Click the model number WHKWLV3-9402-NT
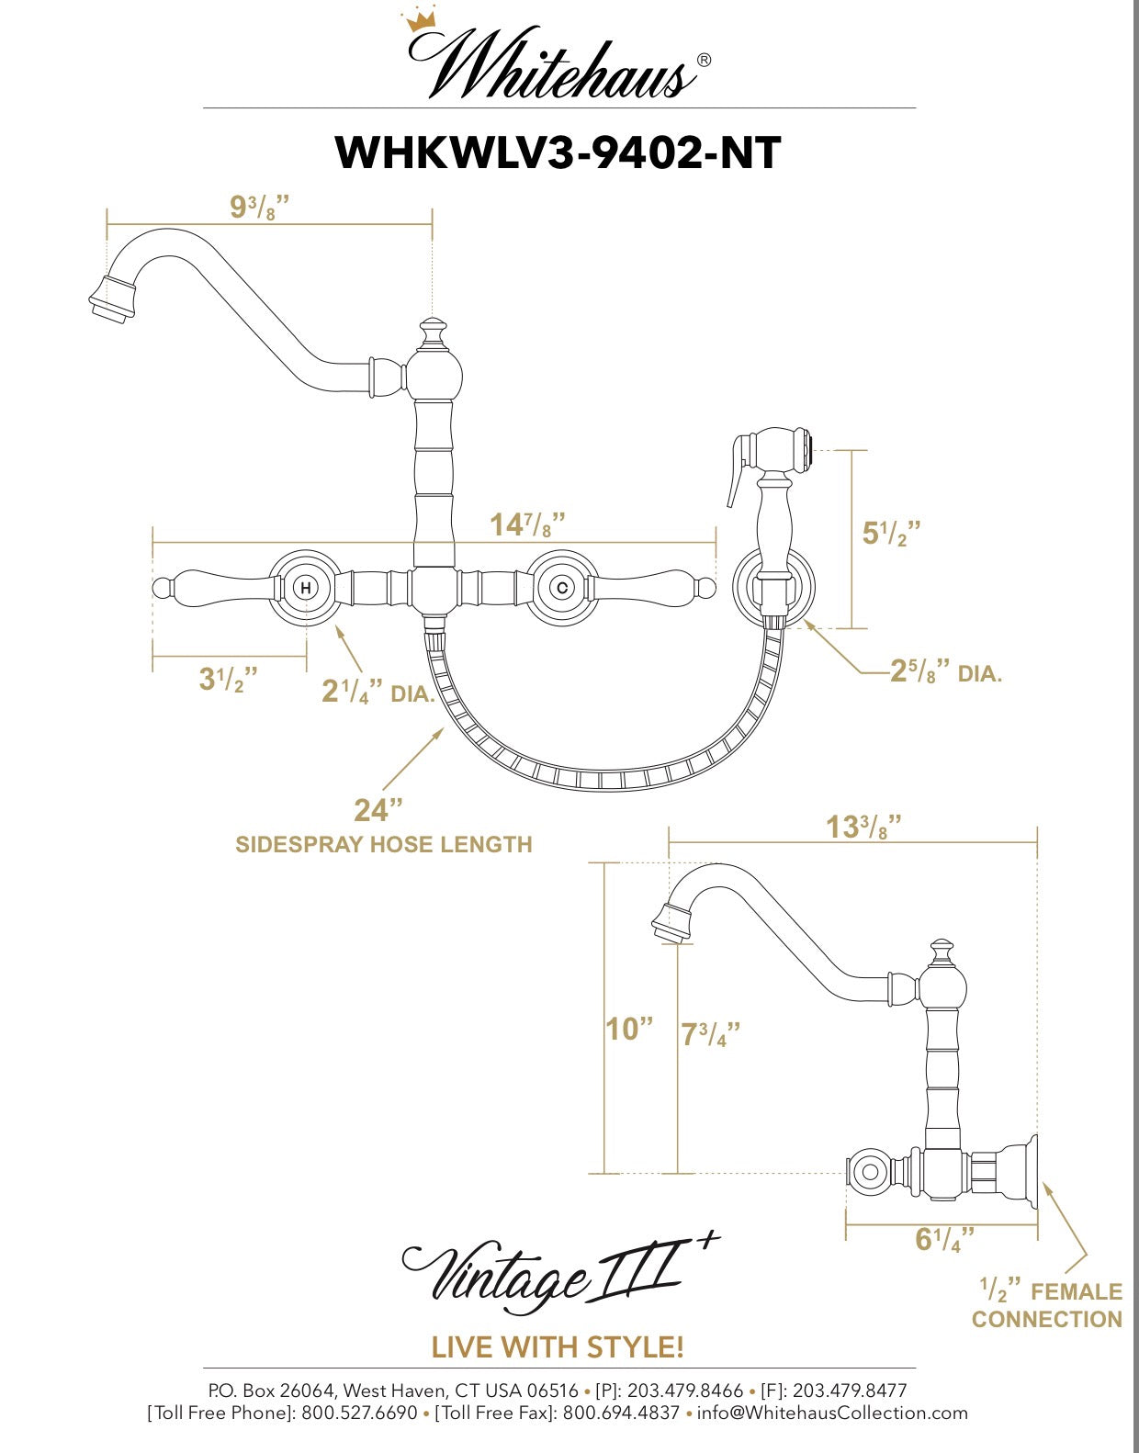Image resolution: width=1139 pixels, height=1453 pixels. pos(558,152)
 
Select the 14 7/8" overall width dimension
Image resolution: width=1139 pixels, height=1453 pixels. pos(526,524)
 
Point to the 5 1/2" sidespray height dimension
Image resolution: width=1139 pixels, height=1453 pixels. pos(890,533)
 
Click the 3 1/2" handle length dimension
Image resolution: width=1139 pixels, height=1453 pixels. pos(228,680)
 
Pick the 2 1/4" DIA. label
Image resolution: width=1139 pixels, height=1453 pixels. pos(377,692)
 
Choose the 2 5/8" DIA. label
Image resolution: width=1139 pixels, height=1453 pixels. pos(946,672)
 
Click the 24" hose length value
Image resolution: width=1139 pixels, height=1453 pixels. pos(378,810)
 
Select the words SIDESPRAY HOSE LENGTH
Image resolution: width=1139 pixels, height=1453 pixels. pos(383,844)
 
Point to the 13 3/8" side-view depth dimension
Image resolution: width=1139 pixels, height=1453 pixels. pos(863,827)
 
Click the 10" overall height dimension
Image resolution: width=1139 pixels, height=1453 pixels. pos(628,1029)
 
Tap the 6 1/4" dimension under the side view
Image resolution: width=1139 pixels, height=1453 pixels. pos(944,1239)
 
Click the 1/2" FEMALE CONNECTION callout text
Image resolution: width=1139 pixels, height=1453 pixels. pos(1047,1305)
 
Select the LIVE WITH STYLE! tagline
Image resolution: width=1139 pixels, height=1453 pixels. pos(558,1347)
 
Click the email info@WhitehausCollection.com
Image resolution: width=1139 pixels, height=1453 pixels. pos(831,1413)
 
